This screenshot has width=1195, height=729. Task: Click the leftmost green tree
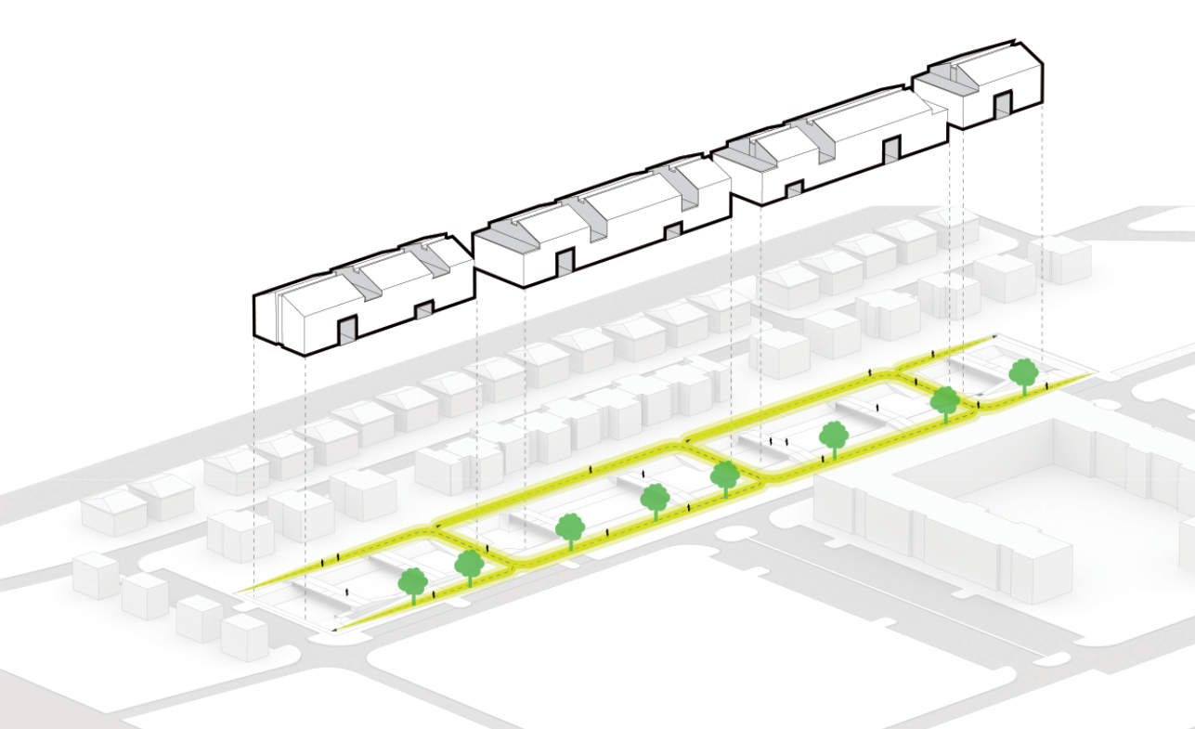412,582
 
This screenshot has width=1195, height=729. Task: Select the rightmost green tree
1023,371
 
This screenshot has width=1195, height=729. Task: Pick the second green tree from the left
469,563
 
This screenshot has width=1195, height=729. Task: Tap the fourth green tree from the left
655,498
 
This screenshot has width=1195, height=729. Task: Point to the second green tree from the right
945,400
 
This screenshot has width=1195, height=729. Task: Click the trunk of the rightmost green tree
1024,388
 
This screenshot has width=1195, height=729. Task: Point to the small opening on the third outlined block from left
794,191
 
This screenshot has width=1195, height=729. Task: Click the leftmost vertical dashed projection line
253,464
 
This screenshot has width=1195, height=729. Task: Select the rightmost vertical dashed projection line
1043,232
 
